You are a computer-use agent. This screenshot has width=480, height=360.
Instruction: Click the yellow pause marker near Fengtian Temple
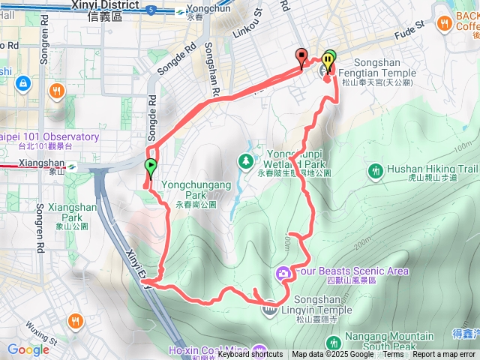pos(329,61)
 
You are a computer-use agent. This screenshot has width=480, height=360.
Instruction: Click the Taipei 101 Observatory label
pos(51,137)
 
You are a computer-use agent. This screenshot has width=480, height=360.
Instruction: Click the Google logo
pos(28,349)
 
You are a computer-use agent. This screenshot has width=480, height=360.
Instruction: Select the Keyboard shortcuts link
pos(250,355)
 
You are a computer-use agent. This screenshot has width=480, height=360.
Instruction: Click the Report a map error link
pos(444,355)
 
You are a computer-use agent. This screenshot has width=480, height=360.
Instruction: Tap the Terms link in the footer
pos(393,355)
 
